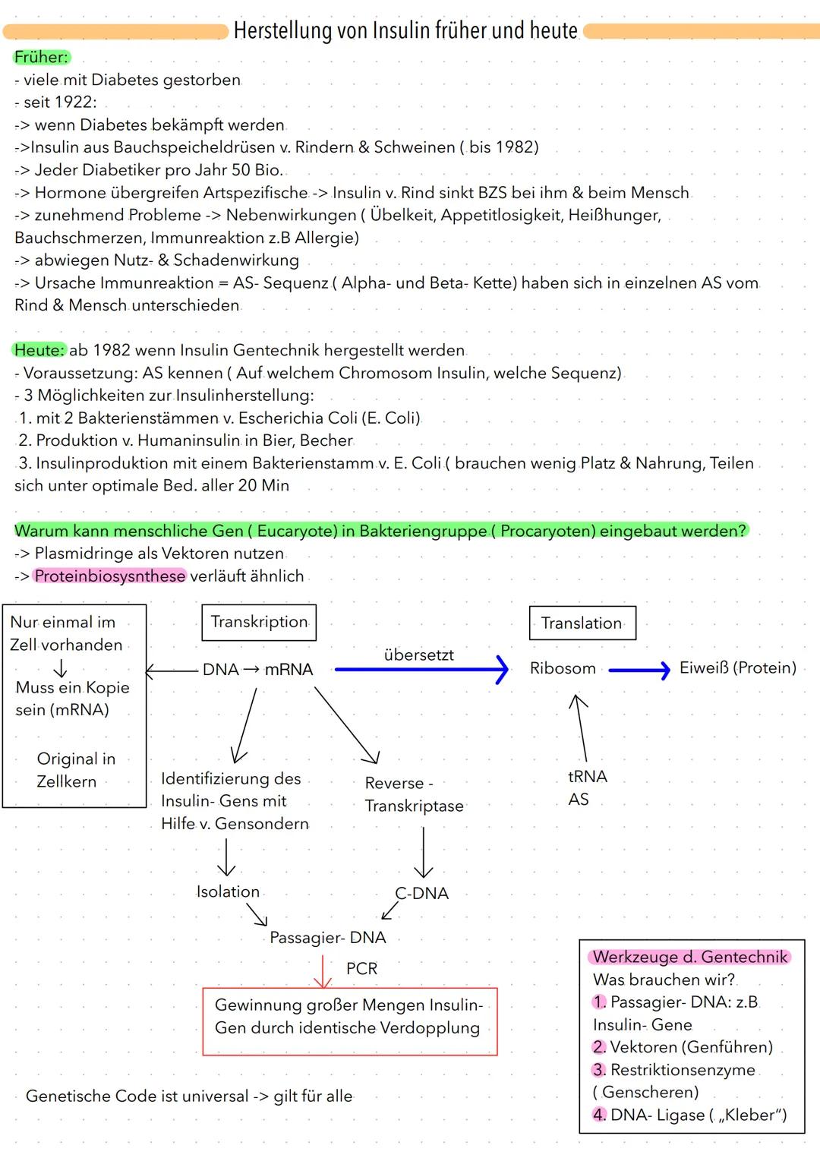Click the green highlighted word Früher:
41,57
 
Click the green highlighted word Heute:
39,350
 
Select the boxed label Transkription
259,622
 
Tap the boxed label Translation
582,623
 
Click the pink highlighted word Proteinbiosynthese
110,576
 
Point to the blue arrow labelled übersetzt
421,669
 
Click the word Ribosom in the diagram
563,668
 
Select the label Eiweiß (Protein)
737,668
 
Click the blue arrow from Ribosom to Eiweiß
639,670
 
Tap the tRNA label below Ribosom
588,777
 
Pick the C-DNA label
422,893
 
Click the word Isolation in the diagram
228,891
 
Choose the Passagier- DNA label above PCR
328,938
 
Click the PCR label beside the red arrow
361,968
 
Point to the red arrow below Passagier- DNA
323,971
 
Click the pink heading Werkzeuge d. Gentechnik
690,957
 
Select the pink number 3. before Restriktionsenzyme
599,1070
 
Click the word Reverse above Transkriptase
394,783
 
